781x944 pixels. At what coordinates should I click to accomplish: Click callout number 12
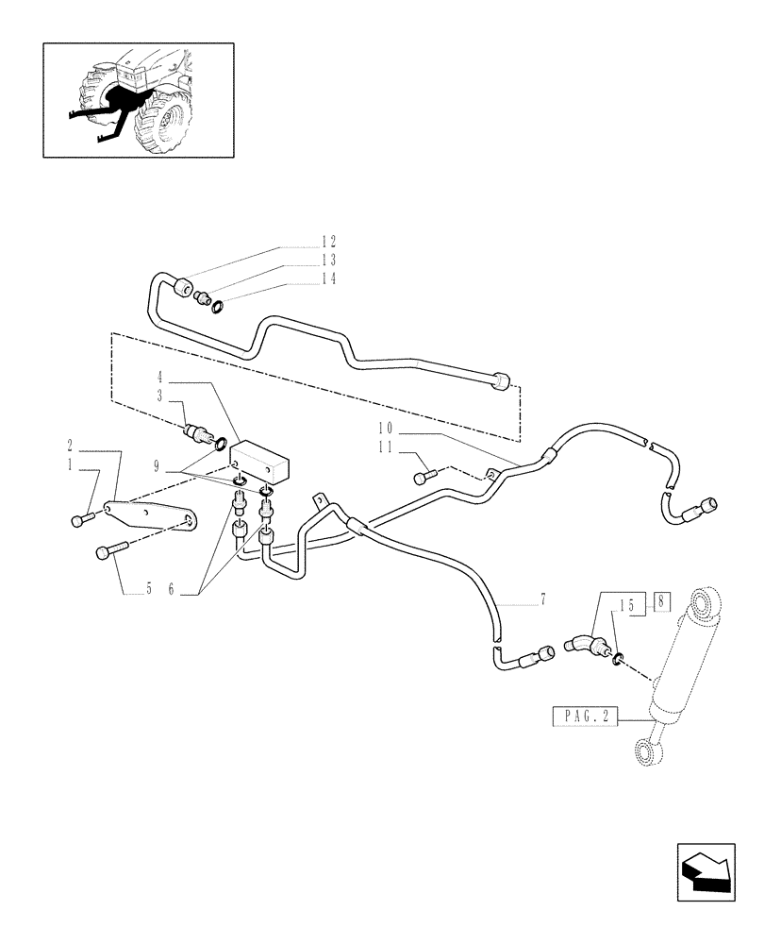(302, 242)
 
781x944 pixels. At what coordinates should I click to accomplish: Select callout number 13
(302, 260)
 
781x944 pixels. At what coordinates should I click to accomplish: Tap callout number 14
(302, 278)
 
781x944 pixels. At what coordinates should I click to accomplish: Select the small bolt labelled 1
(79, 519)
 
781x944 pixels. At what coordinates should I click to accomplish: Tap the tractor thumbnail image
(138, 99)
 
